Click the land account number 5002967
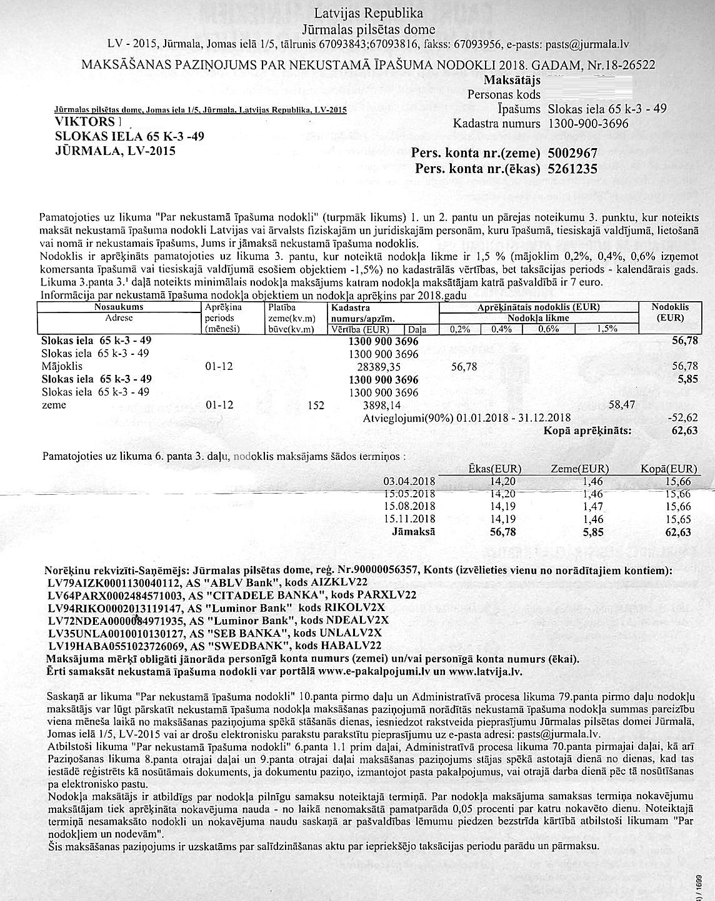(x=572, y=153)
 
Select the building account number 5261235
(x=572, y=169)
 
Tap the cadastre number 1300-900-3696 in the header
(x=588, y=123)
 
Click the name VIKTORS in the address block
(x=85, y=122)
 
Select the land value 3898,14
(x=379, y=406)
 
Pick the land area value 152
(x=316, y=406)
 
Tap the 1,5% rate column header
(x=607, y=329)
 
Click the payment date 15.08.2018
(x=410, y=506)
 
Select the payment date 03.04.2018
(x=410, y=481)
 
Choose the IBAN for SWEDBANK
(x=116, y=645)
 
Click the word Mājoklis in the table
(x=62, y=366)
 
